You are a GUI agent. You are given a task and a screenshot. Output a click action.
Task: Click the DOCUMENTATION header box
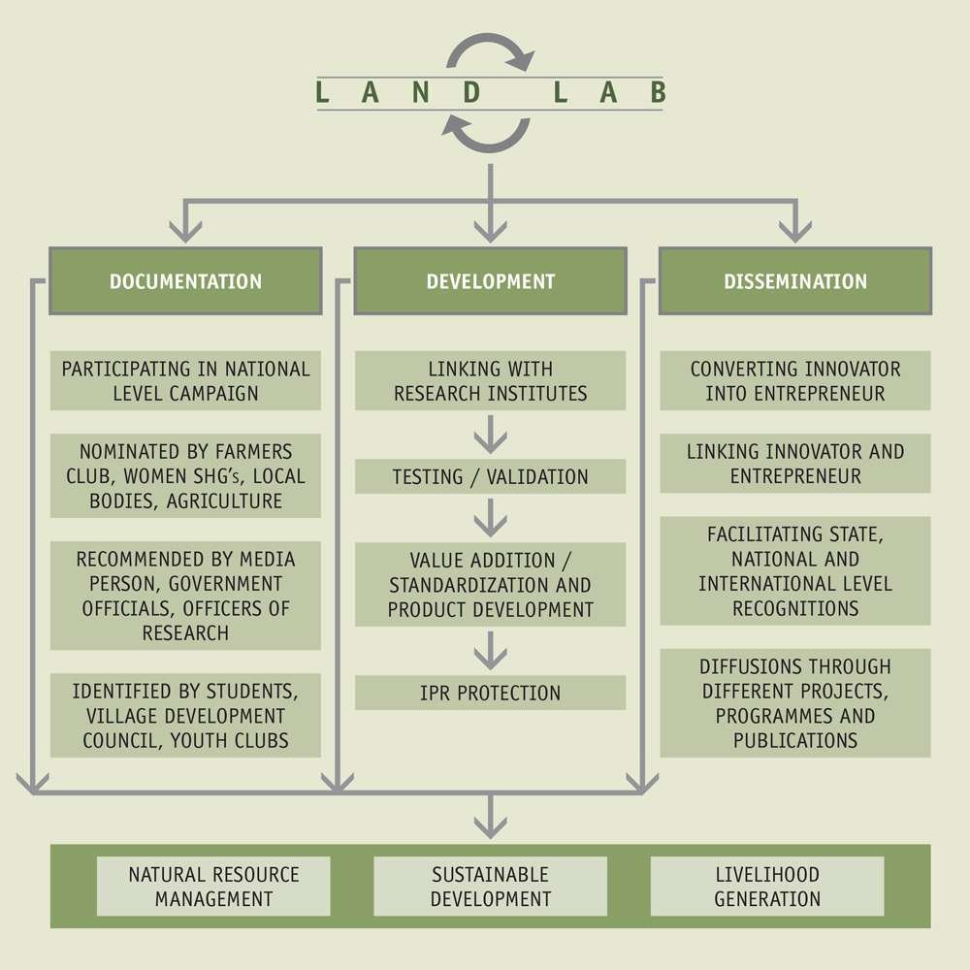tap(185, 281)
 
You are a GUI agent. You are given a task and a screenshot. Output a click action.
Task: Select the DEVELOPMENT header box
tap(490, 281)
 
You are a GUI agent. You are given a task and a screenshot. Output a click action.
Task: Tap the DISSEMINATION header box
tap(794, 281)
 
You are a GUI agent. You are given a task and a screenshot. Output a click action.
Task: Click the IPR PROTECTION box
tap(490, 693)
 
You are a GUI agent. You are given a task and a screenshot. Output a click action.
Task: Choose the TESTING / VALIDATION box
tap(490, 476)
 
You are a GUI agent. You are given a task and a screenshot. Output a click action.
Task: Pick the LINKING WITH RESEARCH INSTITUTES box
tap(490, 380)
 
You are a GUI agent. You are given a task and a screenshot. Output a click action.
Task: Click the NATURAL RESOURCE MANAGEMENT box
tap(213, 886)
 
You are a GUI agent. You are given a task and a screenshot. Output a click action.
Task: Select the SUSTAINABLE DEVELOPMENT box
tap(490, 886)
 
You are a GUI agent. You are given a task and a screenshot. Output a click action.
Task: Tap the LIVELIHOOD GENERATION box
tap(766, 886)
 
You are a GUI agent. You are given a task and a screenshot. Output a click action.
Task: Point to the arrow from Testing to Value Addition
tap(490, 518)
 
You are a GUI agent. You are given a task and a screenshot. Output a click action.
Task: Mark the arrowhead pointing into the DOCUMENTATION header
tap(185, 231)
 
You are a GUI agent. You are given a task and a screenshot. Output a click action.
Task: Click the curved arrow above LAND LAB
tap(491, 50)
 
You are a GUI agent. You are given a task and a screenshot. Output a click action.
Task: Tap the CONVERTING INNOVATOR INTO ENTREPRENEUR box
tap(794, 380)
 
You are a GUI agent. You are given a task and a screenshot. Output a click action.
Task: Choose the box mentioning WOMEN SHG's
tap(185, 476)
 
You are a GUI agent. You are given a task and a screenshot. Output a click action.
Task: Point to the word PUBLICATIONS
tap(794, 740)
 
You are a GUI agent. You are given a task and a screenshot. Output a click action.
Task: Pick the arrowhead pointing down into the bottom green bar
tap(490, 826)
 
